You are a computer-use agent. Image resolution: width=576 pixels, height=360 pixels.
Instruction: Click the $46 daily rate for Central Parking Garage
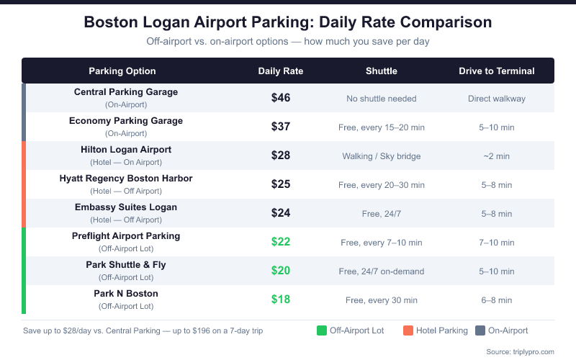tap(281, 98)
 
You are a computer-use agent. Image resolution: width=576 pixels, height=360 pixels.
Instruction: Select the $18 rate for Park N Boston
tap(281, 300)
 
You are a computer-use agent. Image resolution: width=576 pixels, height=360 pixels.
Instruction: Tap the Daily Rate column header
tap(281, 71)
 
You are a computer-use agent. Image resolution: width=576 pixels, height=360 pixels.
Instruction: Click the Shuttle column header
tap(382, 71)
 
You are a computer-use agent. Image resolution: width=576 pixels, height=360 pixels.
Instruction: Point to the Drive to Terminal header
tap(497, 71)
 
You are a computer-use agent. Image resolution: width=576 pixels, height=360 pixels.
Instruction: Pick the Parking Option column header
tap(122, 71)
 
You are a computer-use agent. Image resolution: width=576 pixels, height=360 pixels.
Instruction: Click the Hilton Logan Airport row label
tap(126, 150)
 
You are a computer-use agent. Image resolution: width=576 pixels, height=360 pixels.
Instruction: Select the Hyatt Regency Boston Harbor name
tap(126, 179)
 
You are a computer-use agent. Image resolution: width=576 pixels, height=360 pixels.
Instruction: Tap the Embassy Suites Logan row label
tap(126, 207)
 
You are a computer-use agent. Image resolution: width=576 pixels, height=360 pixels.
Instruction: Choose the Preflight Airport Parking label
tap(126, 236)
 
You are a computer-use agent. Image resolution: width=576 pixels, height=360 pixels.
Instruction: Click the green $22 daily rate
tap(281, 242)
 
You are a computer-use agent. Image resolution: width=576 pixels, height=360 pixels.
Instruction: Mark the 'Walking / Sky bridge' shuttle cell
tap(382, 156)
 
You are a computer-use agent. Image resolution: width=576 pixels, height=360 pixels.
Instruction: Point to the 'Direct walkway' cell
tap(497, 99)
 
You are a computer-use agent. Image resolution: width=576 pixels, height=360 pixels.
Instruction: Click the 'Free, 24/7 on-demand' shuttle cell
tap(382, 271)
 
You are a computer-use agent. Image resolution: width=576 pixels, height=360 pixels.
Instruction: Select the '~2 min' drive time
tap(497, 156)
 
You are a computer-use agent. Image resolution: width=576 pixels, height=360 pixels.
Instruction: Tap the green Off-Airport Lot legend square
tap(322, 330)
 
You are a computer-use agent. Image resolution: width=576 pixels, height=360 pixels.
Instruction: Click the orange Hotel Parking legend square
tap(408, 330)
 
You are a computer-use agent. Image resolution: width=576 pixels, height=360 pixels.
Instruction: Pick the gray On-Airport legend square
tap(480, 330)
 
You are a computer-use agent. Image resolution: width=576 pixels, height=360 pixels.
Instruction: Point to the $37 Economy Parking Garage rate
tap(281, 127)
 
